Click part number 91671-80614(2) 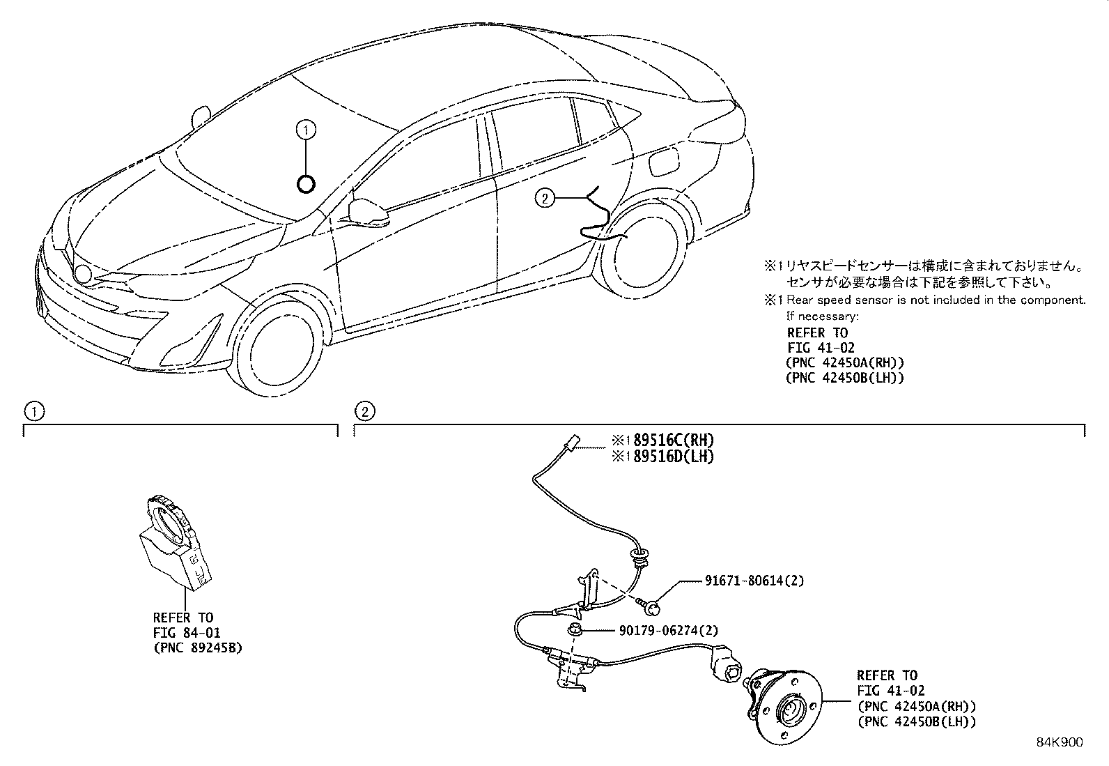745,580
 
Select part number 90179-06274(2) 668,631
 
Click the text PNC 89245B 198,648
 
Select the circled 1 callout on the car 305,129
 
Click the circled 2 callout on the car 544,199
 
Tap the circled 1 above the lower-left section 32,411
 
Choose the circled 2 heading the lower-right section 364,411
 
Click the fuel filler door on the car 660,165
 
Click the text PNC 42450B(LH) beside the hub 916,722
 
